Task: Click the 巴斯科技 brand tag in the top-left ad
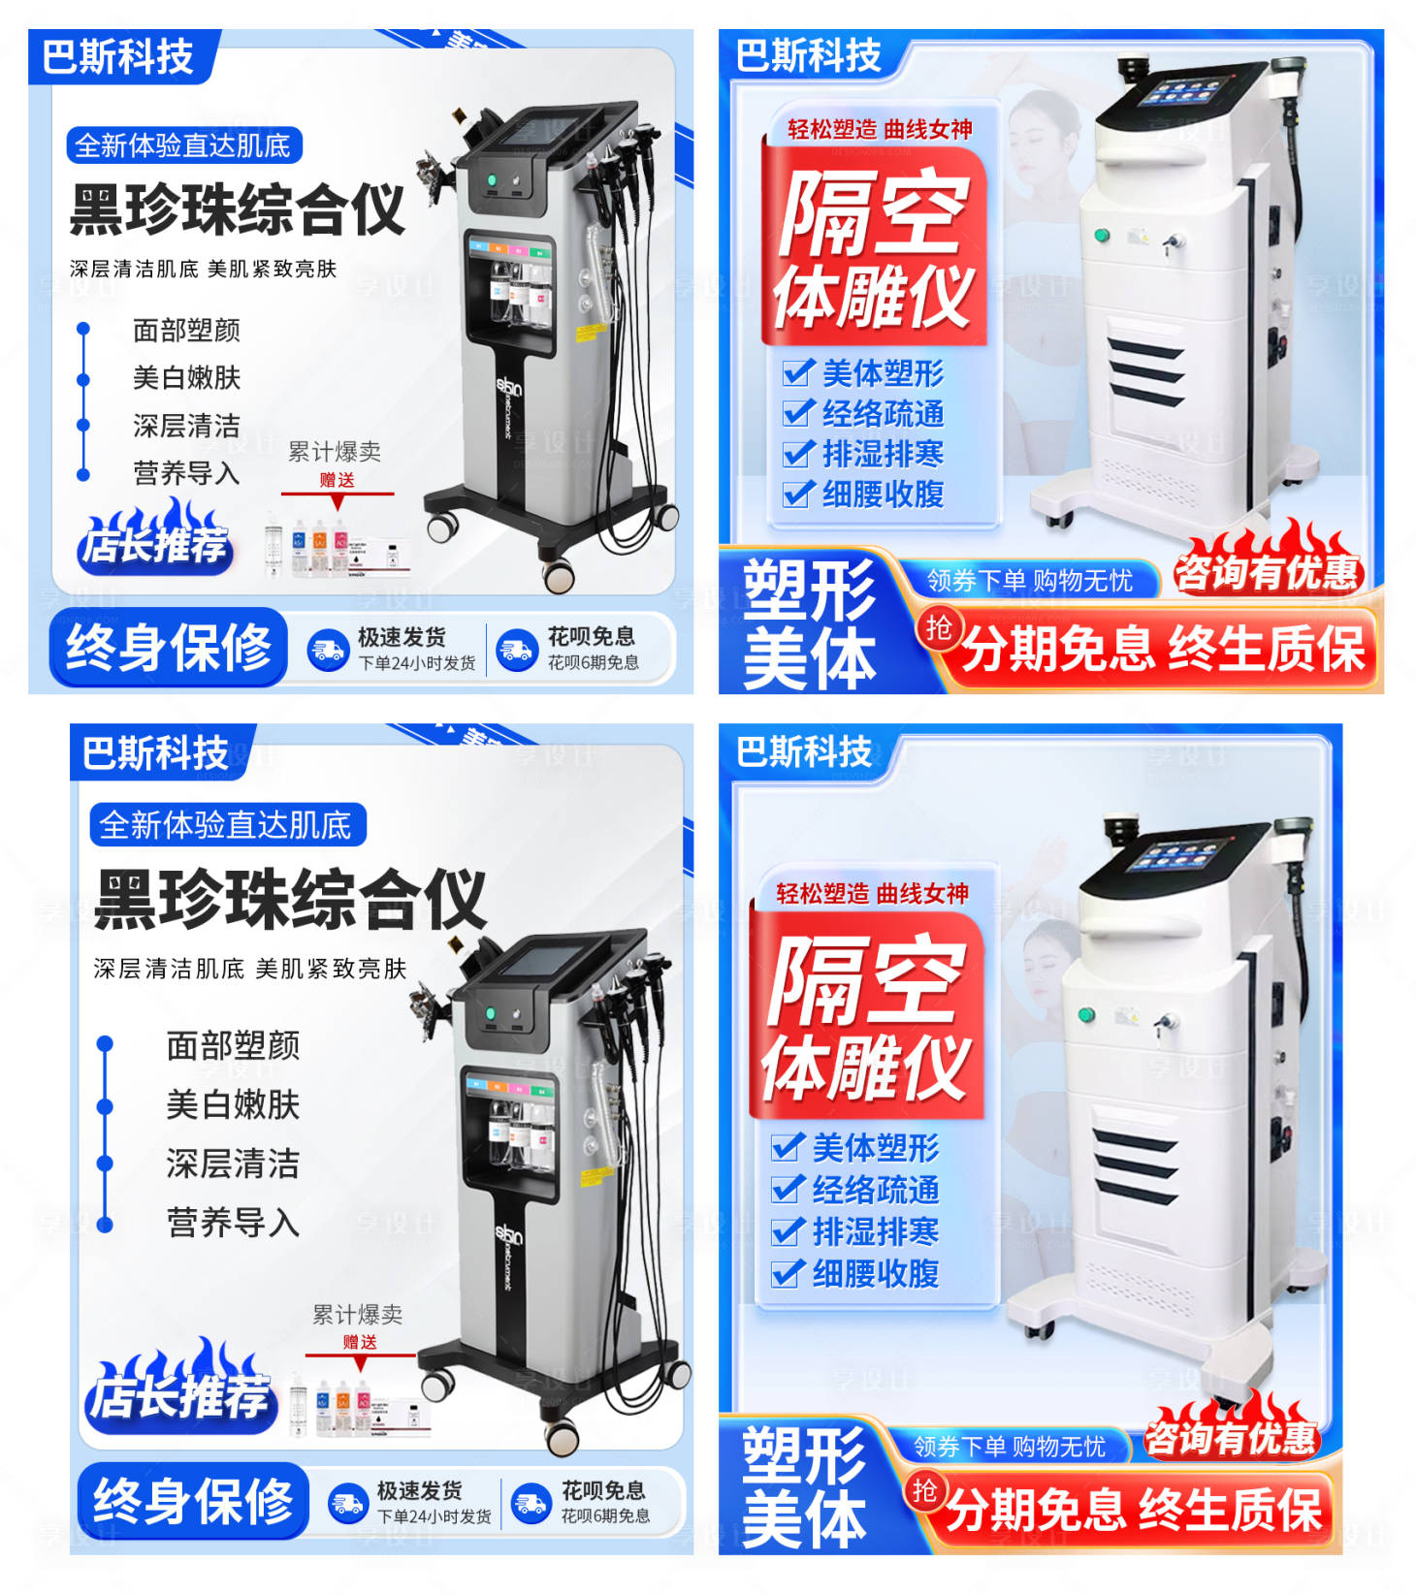118,57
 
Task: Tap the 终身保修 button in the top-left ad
168,648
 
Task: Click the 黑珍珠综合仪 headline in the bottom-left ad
290,899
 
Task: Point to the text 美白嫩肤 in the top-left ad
186,377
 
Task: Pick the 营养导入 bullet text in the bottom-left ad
233,1223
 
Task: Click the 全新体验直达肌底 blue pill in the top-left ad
183,146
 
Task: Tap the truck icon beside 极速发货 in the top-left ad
328,651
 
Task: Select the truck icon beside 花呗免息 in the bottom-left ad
531,1504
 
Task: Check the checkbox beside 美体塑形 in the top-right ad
797,372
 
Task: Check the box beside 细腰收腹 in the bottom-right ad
787,1272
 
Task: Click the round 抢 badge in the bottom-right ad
924,1489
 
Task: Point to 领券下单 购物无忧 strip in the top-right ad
1029,580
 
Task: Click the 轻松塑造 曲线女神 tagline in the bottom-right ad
872,893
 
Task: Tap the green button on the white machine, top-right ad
1102,235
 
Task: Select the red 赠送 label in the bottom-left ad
360,1342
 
